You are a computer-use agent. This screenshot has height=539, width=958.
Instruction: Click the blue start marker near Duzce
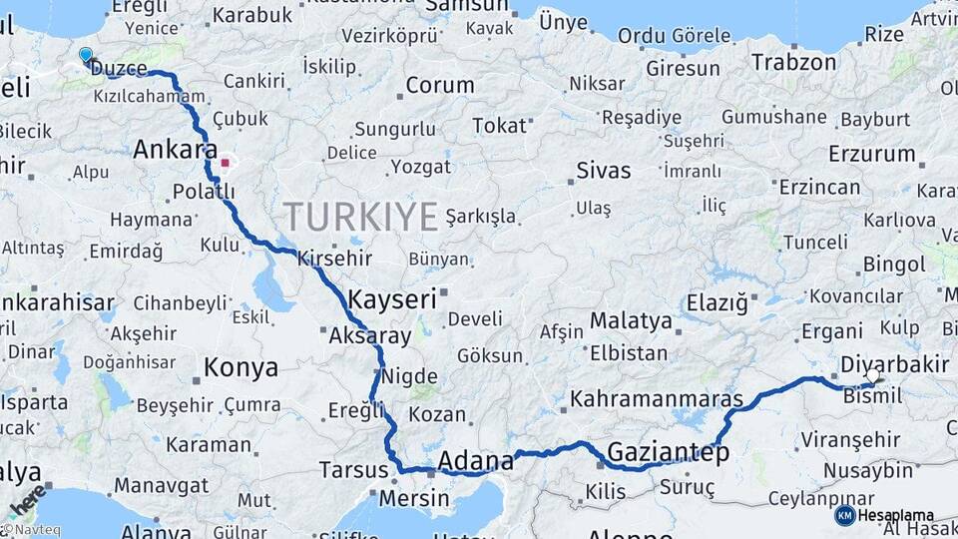coord(86,55)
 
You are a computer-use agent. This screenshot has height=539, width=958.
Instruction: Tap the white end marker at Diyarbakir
coord(874,376)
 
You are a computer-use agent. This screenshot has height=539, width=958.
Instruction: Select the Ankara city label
coord(175,150)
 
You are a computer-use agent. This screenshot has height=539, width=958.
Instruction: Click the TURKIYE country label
coord(361,216)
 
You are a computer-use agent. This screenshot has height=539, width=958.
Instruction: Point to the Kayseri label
coord(392,297)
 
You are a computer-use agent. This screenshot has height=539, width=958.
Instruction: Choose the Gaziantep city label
coord(669,452)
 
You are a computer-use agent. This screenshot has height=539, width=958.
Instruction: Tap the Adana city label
coord(476,461)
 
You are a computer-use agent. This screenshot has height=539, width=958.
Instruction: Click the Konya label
coord(240,368)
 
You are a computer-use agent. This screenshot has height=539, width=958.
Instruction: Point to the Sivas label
coord(603,171)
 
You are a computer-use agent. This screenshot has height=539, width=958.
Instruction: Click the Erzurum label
coord(871,154)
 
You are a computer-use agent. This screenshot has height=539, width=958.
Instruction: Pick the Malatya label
coord(631,321)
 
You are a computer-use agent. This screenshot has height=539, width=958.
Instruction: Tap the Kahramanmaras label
coord(657,399)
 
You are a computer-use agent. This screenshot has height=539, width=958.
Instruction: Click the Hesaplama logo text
coord(895,515)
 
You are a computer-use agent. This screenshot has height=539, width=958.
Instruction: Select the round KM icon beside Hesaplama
coord(844,515)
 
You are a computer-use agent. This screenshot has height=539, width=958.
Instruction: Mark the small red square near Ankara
coord(226,162)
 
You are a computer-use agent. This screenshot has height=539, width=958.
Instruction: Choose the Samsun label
coord(467,6)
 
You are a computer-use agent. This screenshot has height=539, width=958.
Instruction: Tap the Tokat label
coord(499,126)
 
